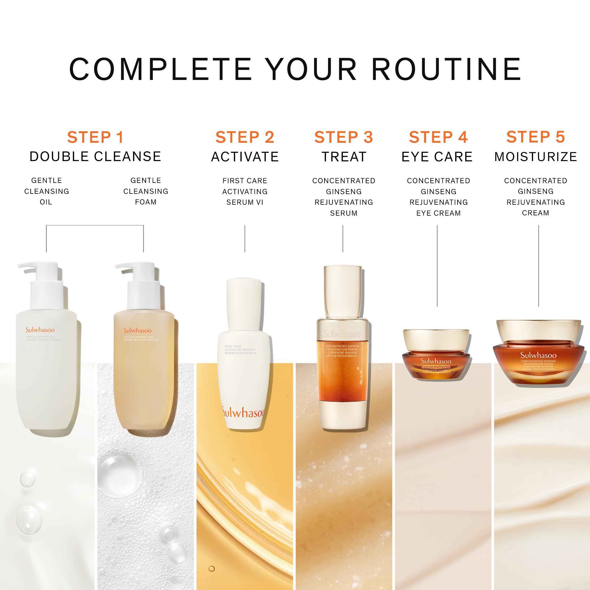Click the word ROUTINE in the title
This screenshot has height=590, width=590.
446,69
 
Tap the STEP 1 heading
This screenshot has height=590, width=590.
95,137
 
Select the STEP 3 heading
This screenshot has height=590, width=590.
344,137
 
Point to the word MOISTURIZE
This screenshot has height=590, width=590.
536,157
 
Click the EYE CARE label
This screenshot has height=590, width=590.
437,157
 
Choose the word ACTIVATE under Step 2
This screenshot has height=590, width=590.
245,157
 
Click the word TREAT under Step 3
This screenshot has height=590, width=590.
344,157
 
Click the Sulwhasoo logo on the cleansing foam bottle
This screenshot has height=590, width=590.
137,330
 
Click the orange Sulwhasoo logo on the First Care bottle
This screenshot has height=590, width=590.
243,413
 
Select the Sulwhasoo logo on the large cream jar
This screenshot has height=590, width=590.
538,355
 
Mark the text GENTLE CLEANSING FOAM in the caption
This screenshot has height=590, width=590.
146,191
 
